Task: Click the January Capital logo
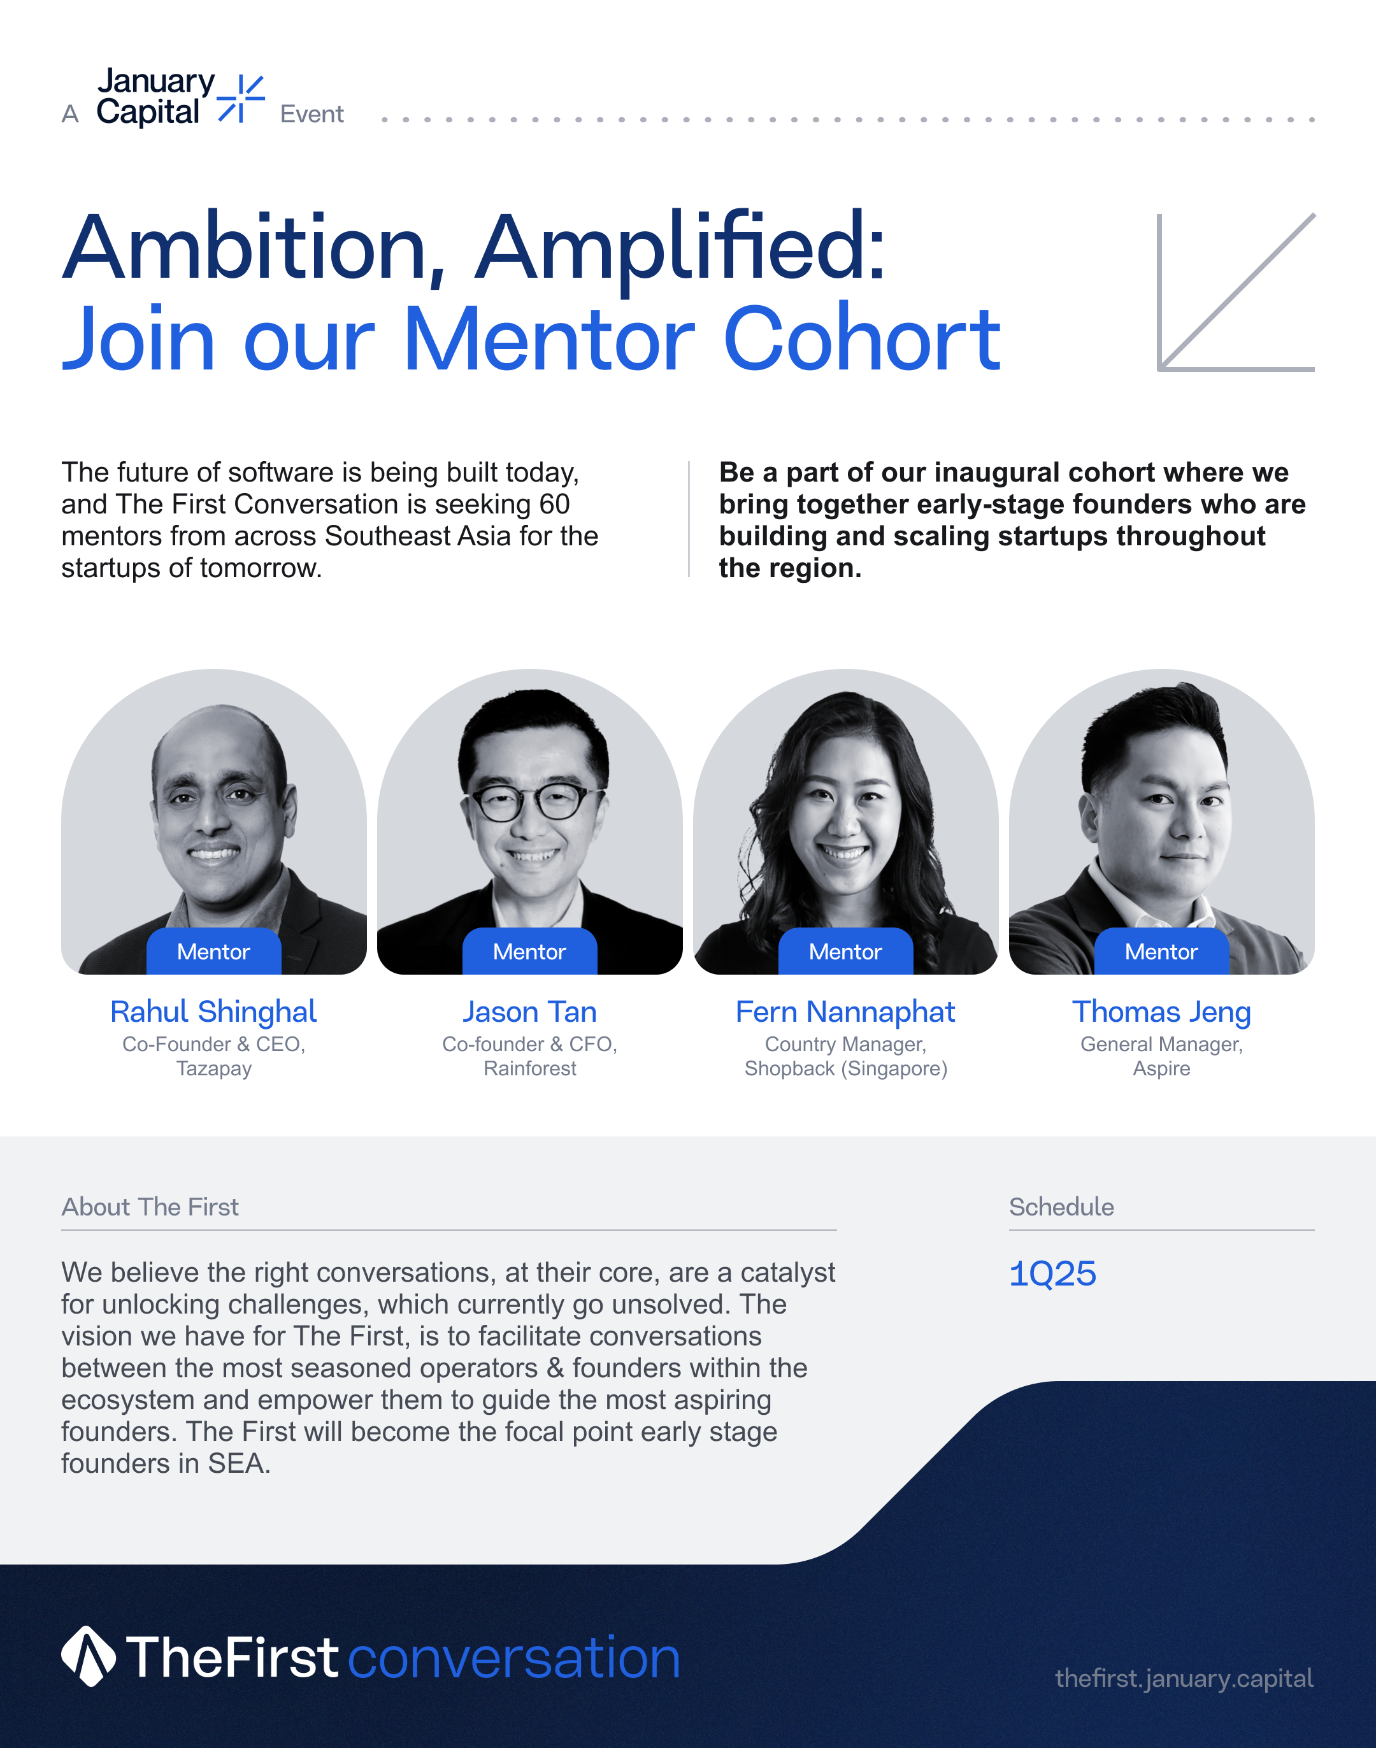pos(180,97)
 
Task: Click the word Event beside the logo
pos(312,115)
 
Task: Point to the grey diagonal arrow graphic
pos(1236,292)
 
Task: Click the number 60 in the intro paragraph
pos(554,505)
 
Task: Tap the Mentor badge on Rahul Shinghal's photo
pos(213,951)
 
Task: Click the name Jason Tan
pos(529,1012)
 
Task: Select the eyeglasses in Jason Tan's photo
pos(532,801)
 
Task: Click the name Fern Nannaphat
pos(845,1012)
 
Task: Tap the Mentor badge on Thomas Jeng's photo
pos(1161,951)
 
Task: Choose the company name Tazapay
pos(213,1069)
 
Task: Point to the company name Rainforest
pos(529,1068)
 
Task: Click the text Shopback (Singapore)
pos(845,1069)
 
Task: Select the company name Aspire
pos(1161,1069)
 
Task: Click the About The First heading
pos(150,1207)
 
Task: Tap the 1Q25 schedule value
pos(1052,1273)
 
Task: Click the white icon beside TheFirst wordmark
pos(89,1656)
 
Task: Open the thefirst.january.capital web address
pos(1184,1679)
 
